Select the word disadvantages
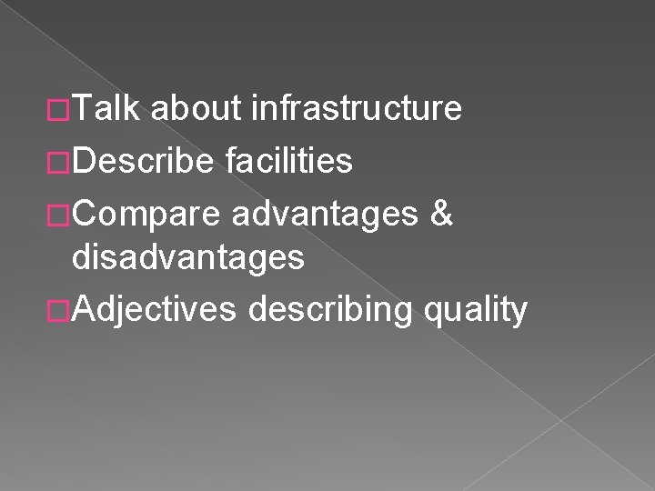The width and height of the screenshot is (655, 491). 188,259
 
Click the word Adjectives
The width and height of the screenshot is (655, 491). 155,310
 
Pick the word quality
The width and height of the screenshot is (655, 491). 475,310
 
